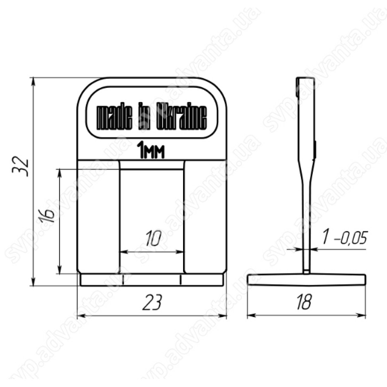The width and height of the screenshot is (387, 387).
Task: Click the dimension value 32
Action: (21, 166)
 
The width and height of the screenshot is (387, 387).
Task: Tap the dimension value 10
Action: (154, 238)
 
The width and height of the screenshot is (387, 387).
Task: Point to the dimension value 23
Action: (152, 302)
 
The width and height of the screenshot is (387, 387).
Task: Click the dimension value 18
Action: (304, 301)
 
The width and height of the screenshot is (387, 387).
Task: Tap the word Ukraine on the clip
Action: (182, 118)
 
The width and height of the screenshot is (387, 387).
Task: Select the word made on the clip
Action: (114, 118)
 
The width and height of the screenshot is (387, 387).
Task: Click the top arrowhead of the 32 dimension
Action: (34, 81)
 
